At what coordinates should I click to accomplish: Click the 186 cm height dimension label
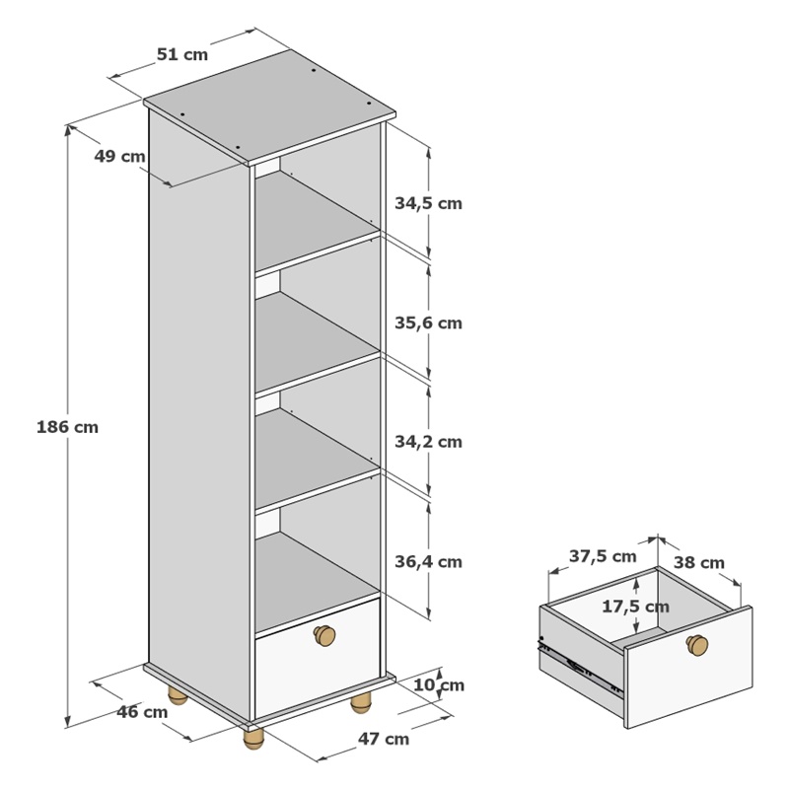[67, 427]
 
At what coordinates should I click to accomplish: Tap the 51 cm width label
[182, 54]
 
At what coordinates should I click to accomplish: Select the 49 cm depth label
[119, 156]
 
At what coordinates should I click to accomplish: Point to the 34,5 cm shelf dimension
[428, 203]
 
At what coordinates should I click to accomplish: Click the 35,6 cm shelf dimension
[428, 323]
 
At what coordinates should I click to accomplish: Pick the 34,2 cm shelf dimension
[428, 442]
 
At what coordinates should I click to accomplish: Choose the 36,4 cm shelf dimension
[428, 561]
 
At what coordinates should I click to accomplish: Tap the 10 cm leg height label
[439, 684]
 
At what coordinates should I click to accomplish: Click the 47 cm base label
[384, 739]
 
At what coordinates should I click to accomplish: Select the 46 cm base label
[142, 712]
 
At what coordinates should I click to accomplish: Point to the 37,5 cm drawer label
[603, 556]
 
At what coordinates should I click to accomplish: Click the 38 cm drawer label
[699, 562]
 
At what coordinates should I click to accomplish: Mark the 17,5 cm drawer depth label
[636, 607]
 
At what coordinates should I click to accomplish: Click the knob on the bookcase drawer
[324, 635]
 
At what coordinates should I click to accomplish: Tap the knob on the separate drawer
[697, 645]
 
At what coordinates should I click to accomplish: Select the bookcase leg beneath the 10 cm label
[361, 702]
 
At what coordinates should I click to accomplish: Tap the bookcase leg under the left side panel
[178, 694]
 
